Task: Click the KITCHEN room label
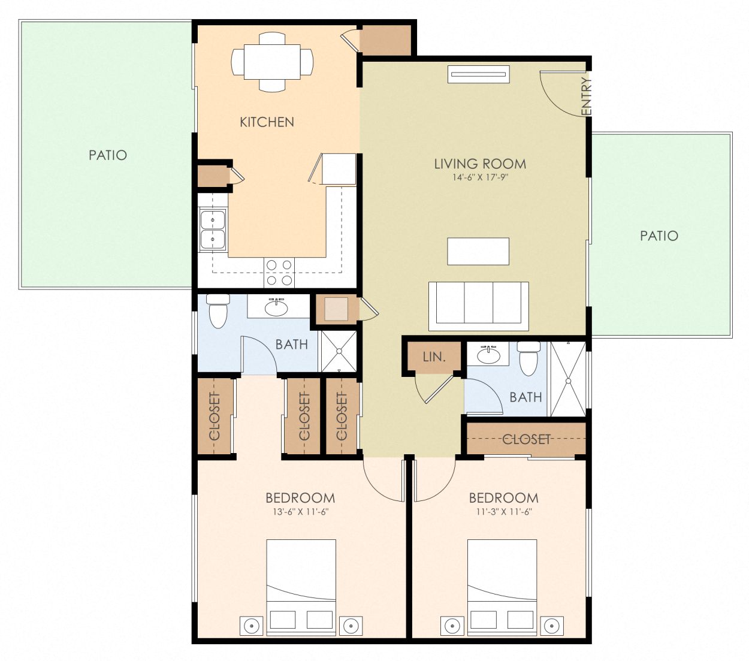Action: pyautogui.click(x=267, y=122)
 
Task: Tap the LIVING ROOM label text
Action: pyautogui.click(x=480, y=164)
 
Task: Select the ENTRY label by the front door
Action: pyautogui.click(x=586, y=96)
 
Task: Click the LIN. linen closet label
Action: pyautogui.click(x=434, y=357)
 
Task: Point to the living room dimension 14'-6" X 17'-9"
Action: pyautogui.click(x=480, y=177)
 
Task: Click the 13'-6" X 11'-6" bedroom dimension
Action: pyautogui.click(x=300, y=512)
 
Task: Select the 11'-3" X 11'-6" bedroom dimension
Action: pyautogui.click(x=503, y=512)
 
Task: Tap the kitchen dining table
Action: pyautogui.click(x=272, y=62)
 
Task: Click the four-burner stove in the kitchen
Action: pyautogui.click(x=279, y=272)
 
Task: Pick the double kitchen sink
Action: pyautogui.click(x=212, y=230)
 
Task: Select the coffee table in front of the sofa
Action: pyautogui.click(x=478, y=251)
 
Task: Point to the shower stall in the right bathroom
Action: pyautogui.click(x=567, y=379)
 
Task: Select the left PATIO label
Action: pyautogui.click(x=108, y=155)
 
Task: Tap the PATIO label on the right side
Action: pyautogui.click(x=659, y=236)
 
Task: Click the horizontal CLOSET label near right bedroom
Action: pyautogui.click(x=526, y=439)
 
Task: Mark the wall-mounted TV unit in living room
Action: pyautogui.click(x=479, y=75)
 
